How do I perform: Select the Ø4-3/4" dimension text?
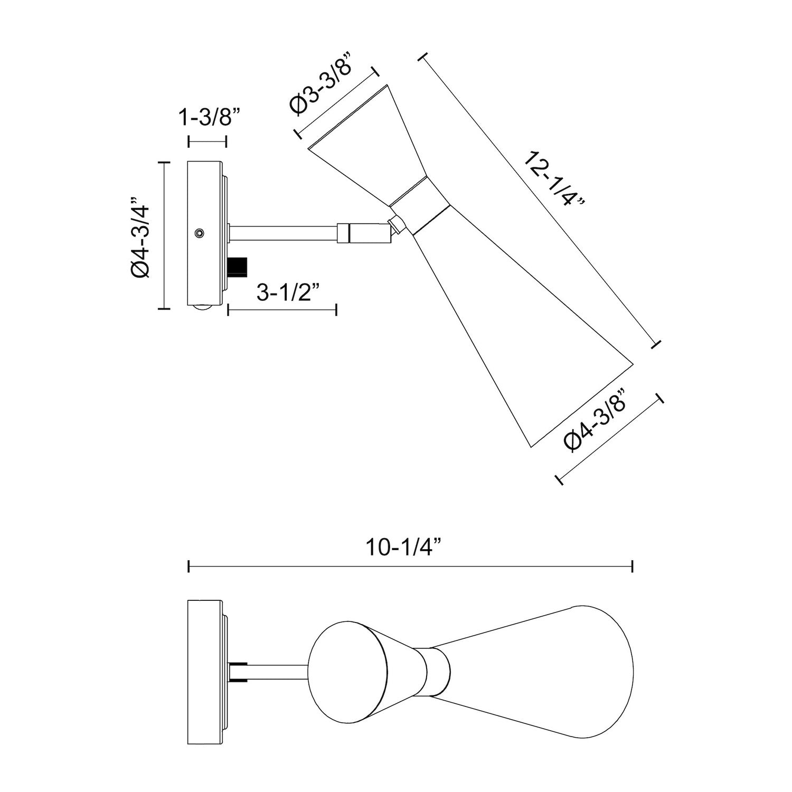[141, 235]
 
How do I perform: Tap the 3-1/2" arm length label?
[288, 291]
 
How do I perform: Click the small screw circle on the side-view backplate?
[199, 233]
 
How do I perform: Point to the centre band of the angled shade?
[420, 206]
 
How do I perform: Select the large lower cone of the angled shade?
[507, 338]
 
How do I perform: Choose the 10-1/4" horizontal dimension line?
[410, 567]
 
